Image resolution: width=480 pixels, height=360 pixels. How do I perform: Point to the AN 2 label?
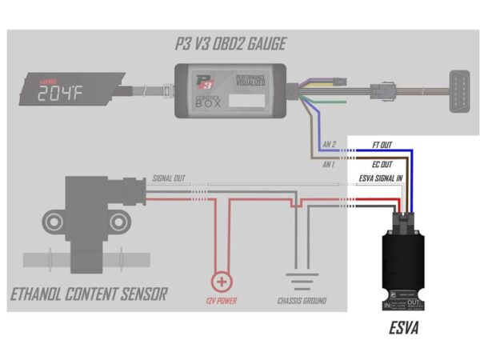(x=329, y=145)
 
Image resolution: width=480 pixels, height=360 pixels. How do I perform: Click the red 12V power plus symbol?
(x=221, y=282)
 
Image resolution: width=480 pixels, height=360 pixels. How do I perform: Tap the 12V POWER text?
(x=221, y=302)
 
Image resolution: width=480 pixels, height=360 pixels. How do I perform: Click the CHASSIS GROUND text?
(x=302, y=302)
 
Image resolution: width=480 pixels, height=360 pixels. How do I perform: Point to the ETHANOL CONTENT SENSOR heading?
(x=89, y=294)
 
